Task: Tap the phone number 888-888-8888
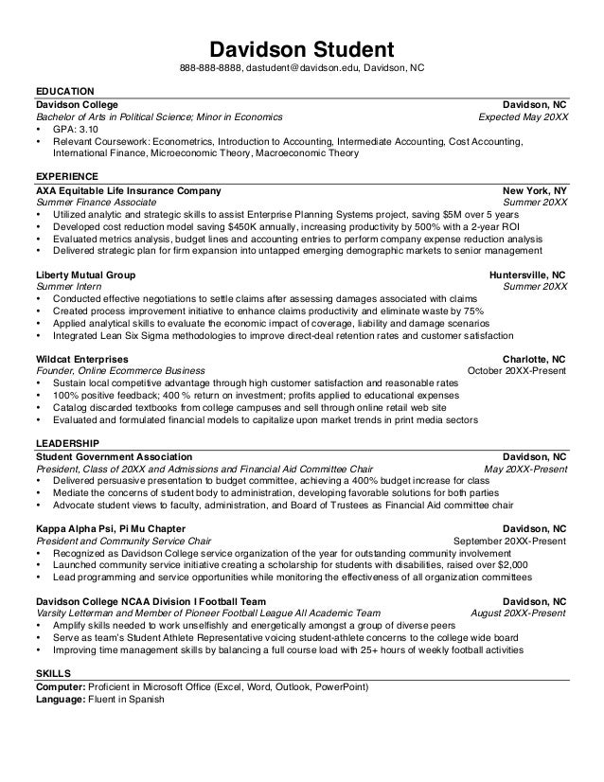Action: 212,69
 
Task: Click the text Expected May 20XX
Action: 524,117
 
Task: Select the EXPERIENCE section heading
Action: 66,177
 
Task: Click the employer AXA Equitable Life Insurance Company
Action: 128,190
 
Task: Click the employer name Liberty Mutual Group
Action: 85,275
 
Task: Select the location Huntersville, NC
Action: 527,275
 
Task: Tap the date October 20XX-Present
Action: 518,371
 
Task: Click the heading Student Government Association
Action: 114,455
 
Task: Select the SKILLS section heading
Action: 52,671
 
